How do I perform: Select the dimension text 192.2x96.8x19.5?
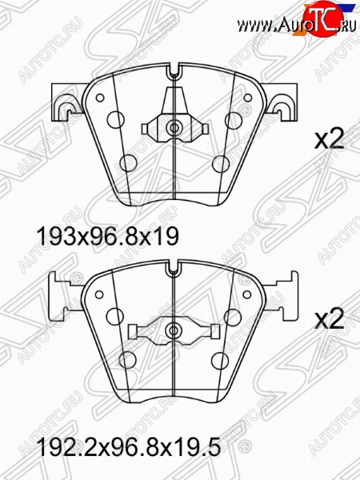128,448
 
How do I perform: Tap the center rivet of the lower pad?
174,330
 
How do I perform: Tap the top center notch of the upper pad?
174,72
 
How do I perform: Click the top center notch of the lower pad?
174,268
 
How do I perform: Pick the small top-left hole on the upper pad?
100,98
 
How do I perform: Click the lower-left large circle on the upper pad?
128,162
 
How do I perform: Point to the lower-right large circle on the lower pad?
220,360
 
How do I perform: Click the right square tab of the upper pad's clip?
205,128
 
